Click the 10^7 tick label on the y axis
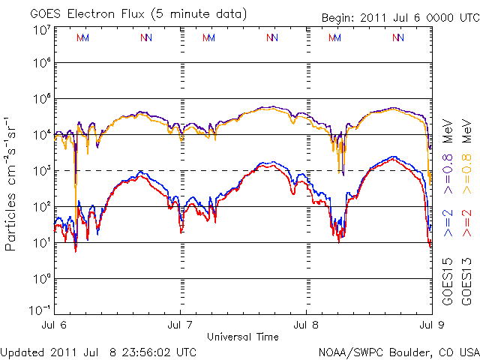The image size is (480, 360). (41, 30)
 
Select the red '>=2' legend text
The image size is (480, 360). (466, 222)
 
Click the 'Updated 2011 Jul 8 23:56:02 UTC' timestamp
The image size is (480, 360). (99, 351)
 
